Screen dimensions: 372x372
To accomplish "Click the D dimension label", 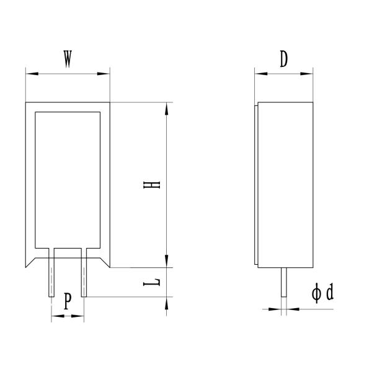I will (283, 60).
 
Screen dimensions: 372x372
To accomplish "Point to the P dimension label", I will (67, 302).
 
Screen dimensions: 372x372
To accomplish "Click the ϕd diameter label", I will (322, 292).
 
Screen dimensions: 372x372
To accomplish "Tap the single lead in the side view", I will (283, 282).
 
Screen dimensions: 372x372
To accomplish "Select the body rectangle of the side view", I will (286, 183).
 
